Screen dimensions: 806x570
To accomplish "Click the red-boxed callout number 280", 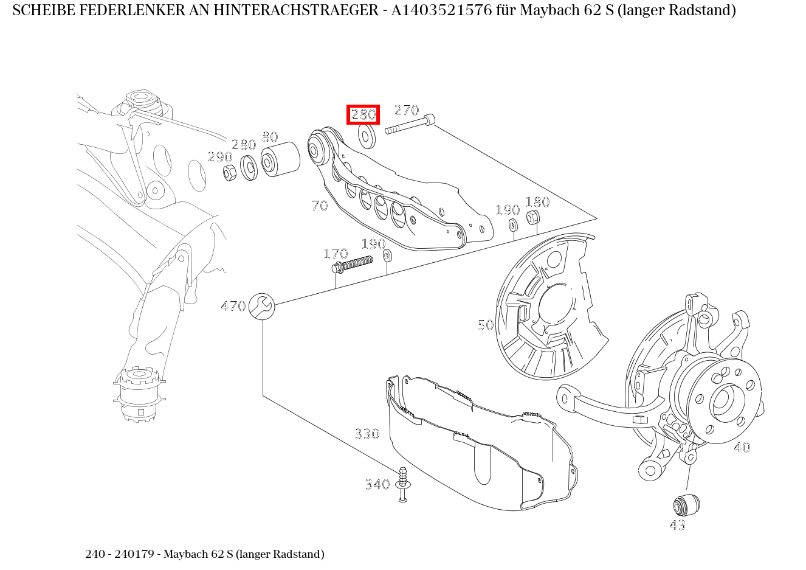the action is point(363,114).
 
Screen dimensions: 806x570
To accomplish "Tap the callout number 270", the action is point(407,110).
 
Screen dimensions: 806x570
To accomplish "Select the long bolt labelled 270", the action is point(410,124).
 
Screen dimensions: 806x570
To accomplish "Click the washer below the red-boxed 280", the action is point(367,137).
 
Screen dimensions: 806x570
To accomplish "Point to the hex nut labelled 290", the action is point(230,173).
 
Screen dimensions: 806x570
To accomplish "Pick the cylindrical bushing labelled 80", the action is point(280,159).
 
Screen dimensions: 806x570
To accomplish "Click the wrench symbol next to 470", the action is point(261,306).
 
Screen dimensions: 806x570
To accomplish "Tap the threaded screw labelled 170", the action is point(353,264).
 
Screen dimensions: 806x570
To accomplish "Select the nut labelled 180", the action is point(532,218).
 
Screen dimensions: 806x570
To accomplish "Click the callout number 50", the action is point(486,325).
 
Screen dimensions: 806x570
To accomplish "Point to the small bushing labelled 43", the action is point(686,505).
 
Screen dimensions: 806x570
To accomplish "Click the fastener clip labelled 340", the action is point(403,484).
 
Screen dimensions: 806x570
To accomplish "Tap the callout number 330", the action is point(367,434).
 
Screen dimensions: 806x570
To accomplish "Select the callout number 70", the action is point(320,206).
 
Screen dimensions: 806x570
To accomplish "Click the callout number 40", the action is point(742,447).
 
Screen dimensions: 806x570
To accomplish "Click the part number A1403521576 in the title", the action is point(441,10).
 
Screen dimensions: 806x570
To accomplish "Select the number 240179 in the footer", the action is point(134,554).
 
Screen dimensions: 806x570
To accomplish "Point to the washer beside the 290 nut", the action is point(249,168).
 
